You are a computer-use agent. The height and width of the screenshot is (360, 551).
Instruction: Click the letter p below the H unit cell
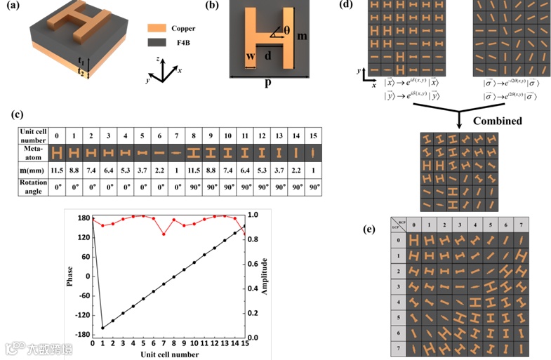click(267, 83)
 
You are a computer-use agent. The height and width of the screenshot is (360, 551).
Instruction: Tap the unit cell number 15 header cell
click(314, 133)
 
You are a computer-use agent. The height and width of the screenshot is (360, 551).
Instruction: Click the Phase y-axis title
click(69, 274)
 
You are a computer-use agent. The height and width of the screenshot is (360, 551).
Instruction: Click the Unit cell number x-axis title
click(168, 354)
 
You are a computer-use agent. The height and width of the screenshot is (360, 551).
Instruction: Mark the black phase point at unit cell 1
click(102, 328)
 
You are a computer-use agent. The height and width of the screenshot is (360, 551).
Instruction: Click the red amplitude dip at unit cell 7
click(164, 234)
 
